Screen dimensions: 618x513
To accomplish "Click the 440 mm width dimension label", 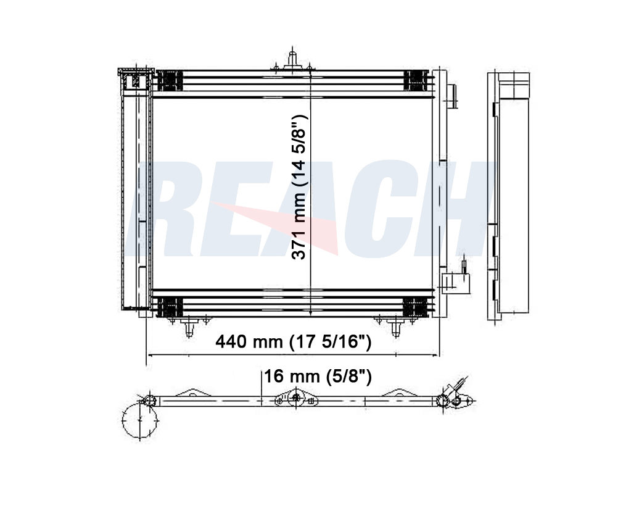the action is (x=293, y=342).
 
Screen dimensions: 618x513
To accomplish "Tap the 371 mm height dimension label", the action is (x=299, y=187).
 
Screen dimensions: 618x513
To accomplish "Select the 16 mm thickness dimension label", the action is (x=318, y=377).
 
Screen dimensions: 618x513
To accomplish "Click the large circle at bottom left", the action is (x=140, y=420).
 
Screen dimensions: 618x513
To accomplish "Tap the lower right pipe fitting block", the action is (x=456, y=283).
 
